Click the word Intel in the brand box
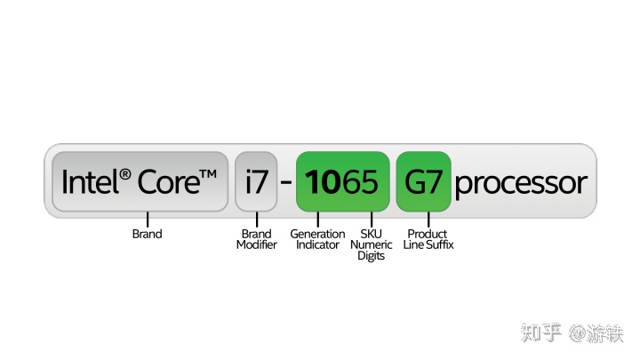[90, 181]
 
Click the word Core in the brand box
[169, 182]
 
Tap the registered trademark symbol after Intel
[125, 175]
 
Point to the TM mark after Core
[208, 174]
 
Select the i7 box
[256, 181]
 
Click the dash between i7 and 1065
[286, 182]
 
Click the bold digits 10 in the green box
[323, 182]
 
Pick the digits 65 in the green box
[359, 182]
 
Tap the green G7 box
[424, 181]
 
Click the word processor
[521, 184]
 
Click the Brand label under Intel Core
[148, 234]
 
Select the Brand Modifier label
[257, 239]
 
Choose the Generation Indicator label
[317, 239]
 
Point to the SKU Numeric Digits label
[372, 244]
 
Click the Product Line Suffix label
[428, 239]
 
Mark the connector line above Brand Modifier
[257, 220]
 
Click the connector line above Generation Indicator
[317, 220]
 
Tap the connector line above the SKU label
[372, 220]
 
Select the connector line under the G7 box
[428, 220]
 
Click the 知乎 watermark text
[541, 332]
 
